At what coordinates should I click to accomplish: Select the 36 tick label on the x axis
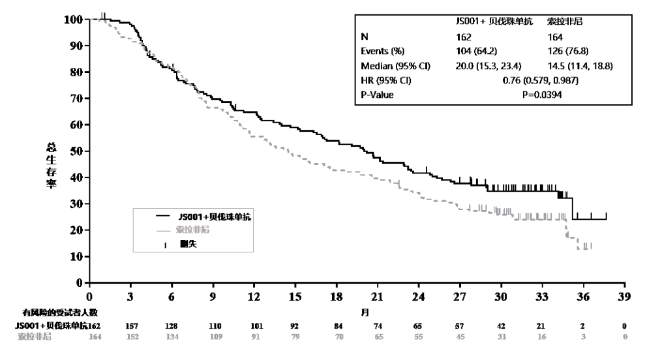(x=583, y=295)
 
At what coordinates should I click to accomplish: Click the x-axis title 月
(x=366, y=312)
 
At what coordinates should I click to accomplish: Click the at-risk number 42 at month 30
(x=501, y=325)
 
